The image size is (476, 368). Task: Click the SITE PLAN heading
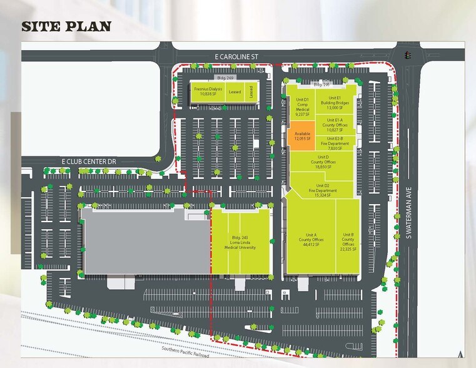(66, 26)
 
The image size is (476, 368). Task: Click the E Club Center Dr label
(89, 161)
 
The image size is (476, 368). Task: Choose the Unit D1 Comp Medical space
(303, 108)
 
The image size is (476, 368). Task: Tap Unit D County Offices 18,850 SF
(323, 162)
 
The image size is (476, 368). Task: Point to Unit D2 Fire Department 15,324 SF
(323, 188)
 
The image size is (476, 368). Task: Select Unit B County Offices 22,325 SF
(348, 242)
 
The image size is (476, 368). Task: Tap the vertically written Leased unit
(250, 91)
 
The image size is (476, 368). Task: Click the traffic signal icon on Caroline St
(408, 55)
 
